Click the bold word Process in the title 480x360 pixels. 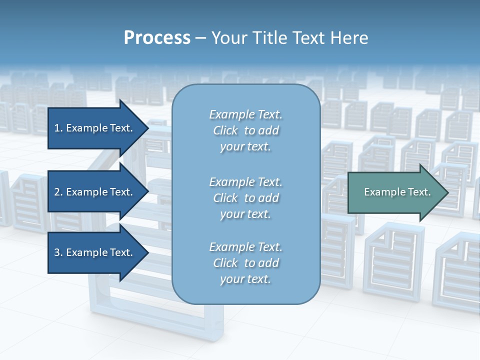coord(157,38)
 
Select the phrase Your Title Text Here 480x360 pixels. coord(289,38)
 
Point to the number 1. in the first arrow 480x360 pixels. coord(58,128)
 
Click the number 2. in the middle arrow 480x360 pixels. coord(58,192)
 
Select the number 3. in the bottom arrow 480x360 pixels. coord(58,252)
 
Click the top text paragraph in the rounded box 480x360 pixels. coord(245,130)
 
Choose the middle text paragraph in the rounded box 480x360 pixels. coord(245,198)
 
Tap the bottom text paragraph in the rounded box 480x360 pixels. coord(245,263)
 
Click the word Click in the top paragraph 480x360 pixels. coord(225,130)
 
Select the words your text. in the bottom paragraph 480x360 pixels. coord(245,279)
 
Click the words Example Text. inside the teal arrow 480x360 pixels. coord(397,192)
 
